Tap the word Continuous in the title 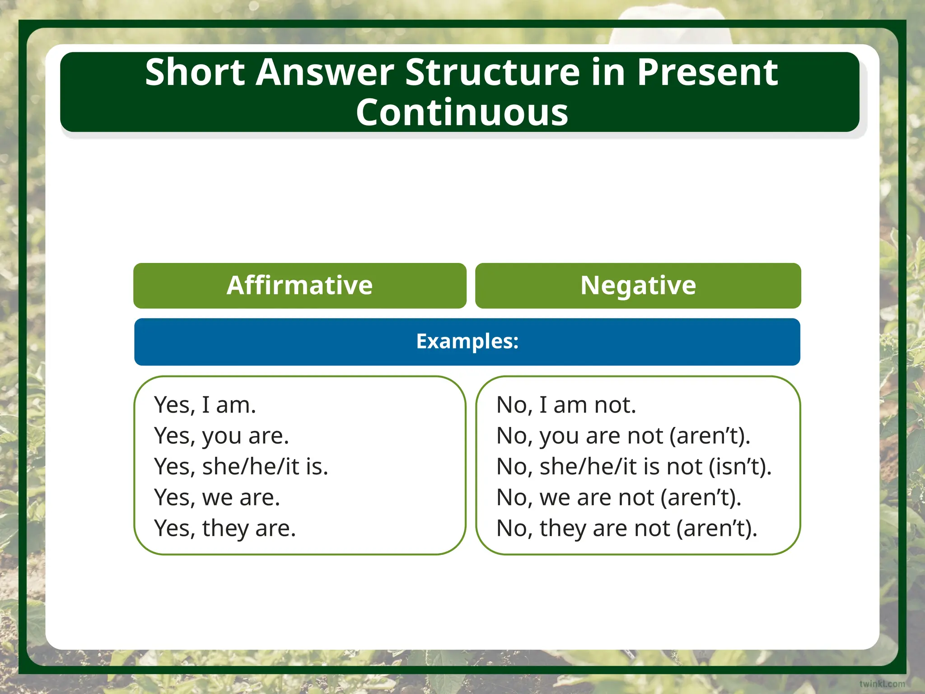tap(462, 113)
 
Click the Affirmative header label tap(299, 286)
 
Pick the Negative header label tap(638, 286)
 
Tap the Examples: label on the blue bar tap(467, 341)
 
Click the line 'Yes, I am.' tap(205, 405)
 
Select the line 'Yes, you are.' tap(221, 436)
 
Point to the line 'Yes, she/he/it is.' tap(241, 467)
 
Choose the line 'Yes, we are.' tap(217, 497)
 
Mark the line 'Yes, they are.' tap(224, 528)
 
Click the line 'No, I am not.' tap(566, 405)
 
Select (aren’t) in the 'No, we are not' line tap(701, 497)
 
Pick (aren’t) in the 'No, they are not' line tap(717, 528)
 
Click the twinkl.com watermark tap(882, 684)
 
